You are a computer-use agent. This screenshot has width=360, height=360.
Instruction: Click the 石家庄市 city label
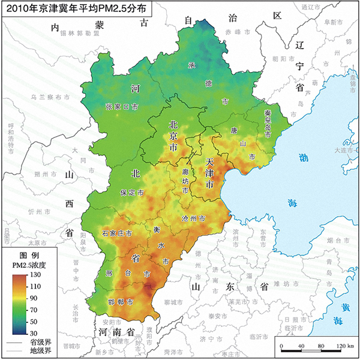(x=117, y=233)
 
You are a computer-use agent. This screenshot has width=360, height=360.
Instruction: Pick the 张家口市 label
(x=122, y=106)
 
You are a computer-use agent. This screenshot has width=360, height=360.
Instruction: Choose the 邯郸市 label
(x=121, y=301)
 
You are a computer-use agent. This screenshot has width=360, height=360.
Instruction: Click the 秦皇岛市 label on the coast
(x=268, y=123)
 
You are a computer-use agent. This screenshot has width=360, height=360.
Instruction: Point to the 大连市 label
(x=345, y=151)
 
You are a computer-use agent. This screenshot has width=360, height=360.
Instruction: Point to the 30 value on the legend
(x=35, y=332)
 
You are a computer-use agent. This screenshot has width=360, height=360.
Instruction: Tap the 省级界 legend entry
(x=37, y=341)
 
